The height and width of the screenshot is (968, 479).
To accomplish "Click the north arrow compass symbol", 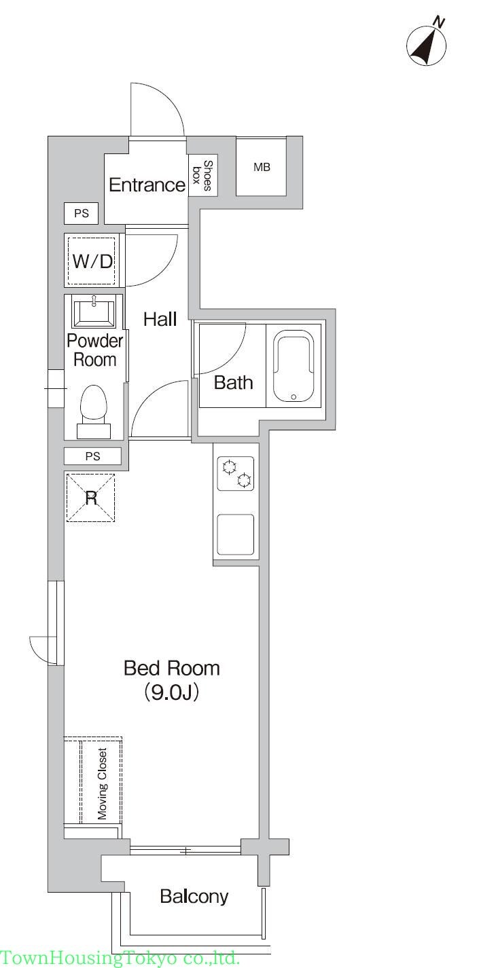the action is coord(427,43).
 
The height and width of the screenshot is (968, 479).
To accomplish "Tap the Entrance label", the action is coord(147,185).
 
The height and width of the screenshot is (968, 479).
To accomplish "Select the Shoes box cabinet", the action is coord(202,176).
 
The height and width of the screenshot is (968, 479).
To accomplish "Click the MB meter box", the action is coord(262,167).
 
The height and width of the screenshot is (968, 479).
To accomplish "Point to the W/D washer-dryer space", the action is coord(93,261).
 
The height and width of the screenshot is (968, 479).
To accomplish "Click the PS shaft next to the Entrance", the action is coord(82,213).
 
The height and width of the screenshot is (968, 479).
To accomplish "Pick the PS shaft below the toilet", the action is coord(92,456).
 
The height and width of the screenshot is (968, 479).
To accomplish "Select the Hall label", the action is coord(160,319).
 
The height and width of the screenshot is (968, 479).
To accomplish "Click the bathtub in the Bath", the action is coord(294,366).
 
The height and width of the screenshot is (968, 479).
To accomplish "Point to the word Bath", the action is coord(233,382).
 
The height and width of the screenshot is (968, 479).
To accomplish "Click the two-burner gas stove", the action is coord(236,473).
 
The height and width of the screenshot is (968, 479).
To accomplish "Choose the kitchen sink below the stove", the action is coord(235,534).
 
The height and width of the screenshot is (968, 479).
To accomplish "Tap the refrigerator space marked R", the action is coord(90,498).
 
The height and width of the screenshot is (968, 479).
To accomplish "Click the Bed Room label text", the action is coord(172,668).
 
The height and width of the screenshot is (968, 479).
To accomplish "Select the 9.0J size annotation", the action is coord(171,692).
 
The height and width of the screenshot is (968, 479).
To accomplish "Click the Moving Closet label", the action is coord(102,783).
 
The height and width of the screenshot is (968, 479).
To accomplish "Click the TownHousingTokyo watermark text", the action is coord(120,958).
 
